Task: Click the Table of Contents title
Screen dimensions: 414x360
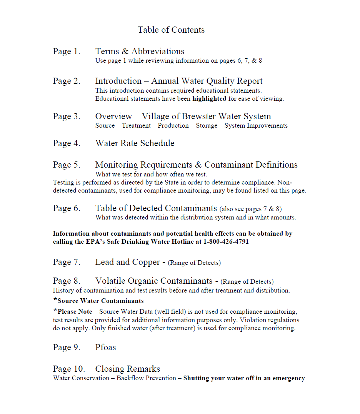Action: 171,30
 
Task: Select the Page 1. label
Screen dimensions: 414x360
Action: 67,52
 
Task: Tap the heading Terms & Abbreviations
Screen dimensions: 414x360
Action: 140,52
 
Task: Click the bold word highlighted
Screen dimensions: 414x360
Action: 209,99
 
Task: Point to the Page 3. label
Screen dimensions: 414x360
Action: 67,116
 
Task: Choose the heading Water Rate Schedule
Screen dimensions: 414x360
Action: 135,143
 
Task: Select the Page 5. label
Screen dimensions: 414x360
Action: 67,165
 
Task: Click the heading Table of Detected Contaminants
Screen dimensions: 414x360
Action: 156,208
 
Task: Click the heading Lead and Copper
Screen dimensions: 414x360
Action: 127,262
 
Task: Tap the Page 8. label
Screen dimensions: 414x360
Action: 67,281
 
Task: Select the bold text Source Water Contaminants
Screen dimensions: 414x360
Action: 100,301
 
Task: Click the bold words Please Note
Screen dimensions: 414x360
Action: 75,312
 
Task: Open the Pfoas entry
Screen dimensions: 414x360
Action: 105,347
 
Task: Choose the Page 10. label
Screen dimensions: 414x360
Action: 69,369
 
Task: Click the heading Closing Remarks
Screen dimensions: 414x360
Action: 127,369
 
